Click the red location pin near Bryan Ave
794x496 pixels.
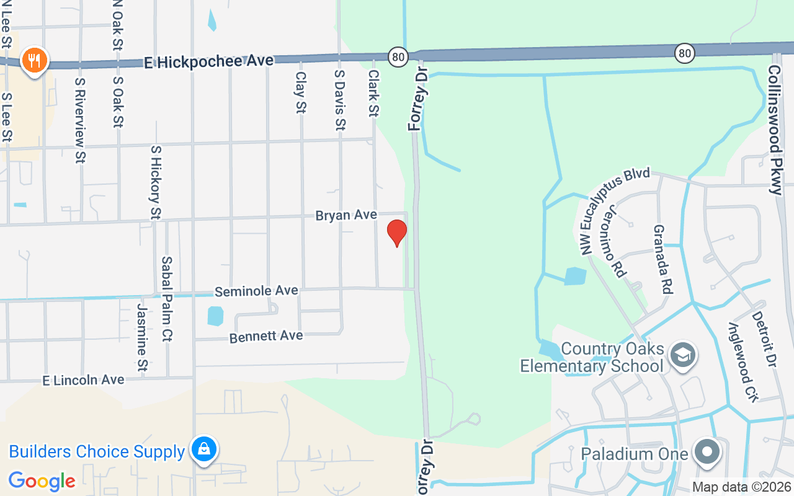[397, 232]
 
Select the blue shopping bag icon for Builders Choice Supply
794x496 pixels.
[203, 448]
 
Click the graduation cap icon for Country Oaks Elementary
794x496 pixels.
[683, 355]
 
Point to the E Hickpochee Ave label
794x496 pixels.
[208, 61]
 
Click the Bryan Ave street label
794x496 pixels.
[346, 215]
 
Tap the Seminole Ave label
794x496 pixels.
[257, 291]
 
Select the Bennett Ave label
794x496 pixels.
[266, 337]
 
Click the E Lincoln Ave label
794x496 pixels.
[83, 379]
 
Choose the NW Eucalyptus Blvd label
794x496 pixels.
[614, 210]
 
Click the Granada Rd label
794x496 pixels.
[662, 259]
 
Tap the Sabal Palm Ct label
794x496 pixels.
[166, 299]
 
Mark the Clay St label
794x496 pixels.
[301, 92]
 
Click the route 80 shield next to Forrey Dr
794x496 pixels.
[398, 57]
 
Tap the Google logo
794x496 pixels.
[42, 480]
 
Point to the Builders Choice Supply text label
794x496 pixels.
[97, 451]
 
